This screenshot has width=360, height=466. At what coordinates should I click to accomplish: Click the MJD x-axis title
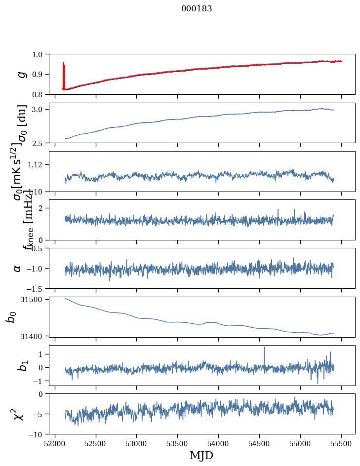[201, 455]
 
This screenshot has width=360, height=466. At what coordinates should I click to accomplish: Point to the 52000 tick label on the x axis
[55, 443]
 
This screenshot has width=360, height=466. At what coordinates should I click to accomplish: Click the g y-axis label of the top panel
[21, 74]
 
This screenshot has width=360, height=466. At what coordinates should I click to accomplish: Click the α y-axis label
[18, 268]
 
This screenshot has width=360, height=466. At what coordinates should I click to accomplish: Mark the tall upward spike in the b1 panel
[264, 348]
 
